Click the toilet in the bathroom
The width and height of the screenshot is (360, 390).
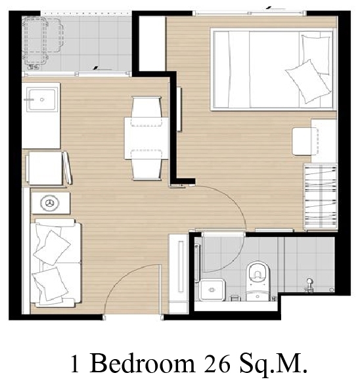click(258, 280)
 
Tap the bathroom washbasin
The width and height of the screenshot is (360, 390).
click(212, 290)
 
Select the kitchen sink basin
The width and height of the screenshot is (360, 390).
click(42, 100)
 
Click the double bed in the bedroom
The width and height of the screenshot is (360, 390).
click(272, 70)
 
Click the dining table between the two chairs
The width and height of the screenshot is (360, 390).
click(146, 139)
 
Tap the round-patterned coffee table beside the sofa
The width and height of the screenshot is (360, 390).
click(51, 203)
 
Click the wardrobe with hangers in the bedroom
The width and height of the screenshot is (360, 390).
click(321, 197)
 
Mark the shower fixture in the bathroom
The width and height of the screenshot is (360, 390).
click(309, 284)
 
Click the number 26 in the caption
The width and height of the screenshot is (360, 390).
click(217, 364)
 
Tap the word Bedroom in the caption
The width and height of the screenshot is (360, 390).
click(142, 363)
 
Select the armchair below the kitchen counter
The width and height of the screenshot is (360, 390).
click(49, 168)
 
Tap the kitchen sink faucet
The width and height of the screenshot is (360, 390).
click(29, 100)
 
